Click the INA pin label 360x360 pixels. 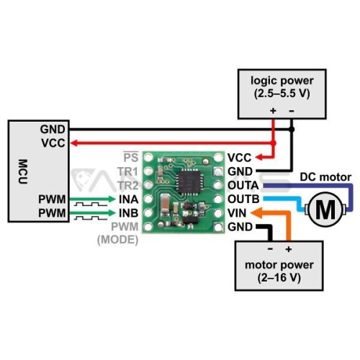tap(129, 199)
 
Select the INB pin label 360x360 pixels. tap(129, 213)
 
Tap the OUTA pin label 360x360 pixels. tap(243, 186)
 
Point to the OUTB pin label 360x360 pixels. tap(243, 199)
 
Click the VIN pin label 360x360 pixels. tap(237, 213)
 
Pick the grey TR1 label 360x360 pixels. tap(128, 171)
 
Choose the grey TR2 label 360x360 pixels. tap(128, 186)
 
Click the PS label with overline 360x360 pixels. tap(131, 157)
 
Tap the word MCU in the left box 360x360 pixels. tap(23, 171)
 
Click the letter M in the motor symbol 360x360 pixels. tap(325, 210)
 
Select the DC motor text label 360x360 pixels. tap(325, 177)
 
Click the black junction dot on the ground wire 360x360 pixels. tap(292, 130)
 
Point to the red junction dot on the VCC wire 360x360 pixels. tap(273, 143)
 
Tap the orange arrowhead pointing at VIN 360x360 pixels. tap(256, 213)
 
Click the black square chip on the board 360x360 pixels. tap(189, 181)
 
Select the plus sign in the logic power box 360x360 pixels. tap(273, 111)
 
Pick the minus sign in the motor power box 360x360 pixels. tap(270, 249)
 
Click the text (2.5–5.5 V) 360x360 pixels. tap(282, 94)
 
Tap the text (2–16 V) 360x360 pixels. tap(279, 278)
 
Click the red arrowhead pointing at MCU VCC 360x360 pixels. tap(74, 143)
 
